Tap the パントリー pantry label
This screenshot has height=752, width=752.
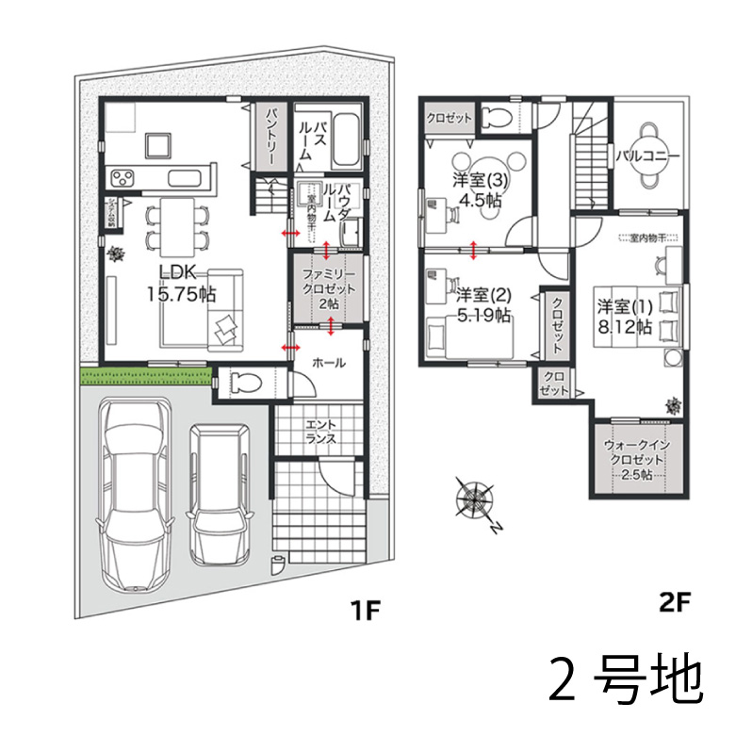(270, 138)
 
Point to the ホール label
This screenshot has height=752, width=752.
(327, 362)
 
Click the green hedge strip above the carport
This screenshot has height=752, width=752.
(140, 377)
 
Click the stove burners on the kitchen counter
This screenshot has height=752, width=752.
(123, 176)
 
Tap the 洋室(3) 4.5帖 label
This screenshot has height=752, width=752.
(480, 189)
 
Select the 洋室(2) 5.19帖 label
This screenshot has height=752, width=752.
(482, 303)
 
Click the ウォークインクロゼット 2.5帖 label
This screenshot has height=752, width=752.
(637, 458)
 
